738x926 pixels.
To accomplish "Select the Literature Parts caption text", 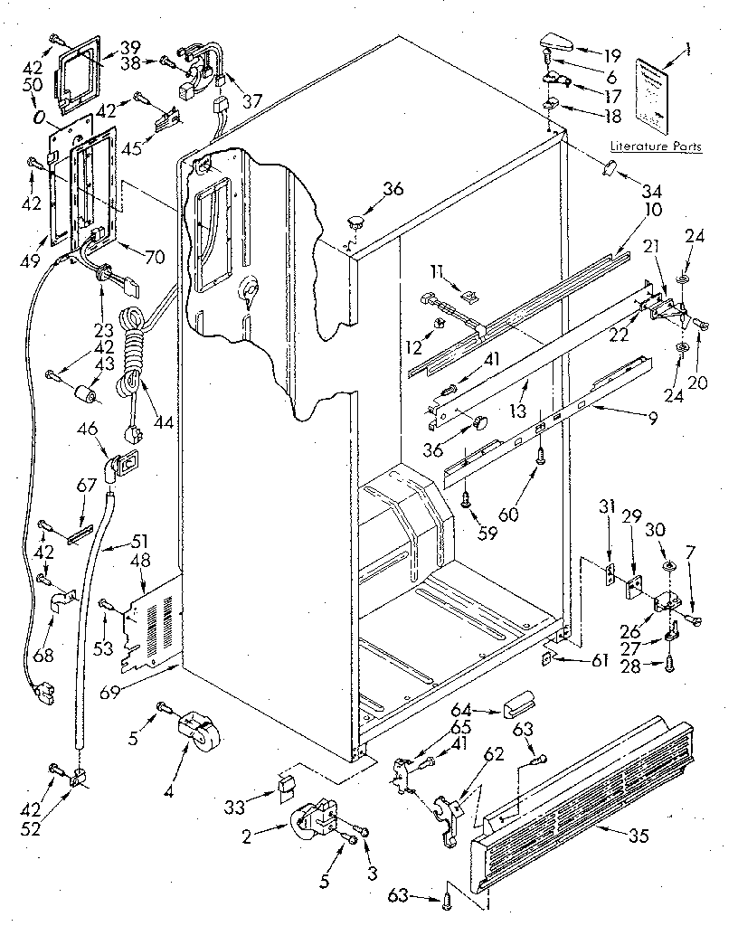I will tap(656, 146).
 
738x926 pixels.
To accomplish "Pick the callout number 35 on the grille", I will tap(638, 836).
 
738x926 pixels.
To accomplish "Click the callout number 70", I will tap(155, 256).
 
